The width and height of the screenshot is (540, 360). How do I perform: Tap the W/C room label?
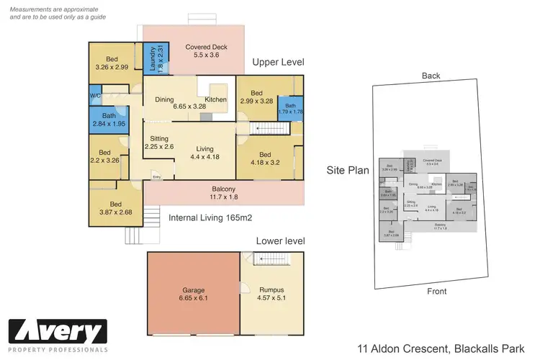coord(95,96)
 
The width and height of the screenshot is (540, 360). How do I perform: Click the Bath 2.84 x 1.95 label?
coord(109,120)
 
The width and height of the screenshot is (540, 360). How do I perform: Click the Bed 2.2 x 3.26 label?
coord(105,156)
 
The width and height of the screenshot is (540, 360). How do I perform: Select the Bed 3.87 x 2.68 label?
coord(115,207)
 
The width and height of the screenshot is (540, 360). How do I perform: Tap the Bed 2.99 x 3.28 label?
coord(258,97)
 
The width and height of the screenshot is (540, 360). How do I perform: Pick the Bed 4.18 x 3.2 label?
coord(265,158)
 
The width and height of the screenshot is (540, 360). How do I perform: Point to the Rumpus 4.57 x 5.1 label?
coord(271,293)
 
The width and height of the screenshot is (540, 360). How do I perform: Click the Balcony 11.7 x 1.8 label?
coord(224,192)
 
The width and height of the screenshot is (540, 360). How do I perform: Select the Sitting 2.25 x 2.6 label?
coord(159,143)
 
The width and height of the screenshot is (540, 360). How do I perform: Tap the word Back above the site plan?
coord(431,76)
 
